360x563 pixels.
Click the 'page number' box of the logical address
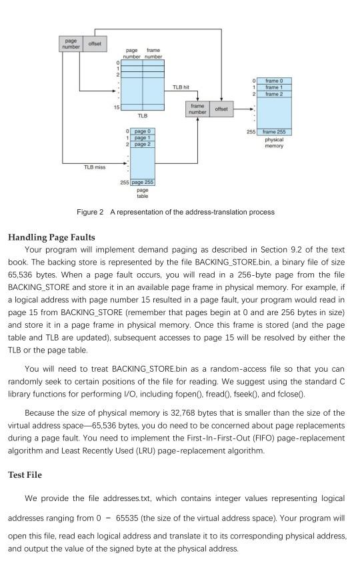tap(71, 44)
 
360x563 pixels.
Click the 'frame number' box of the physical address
tap(197, 109)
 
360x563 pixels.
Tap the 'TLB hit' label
tap(181, 87)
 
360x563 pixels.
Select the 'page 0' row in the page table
tap(143, 131)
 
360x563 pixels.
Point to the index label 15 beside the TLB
tap(117, 107)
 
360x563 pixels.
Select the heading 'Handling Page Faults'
tap(51, 237)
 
